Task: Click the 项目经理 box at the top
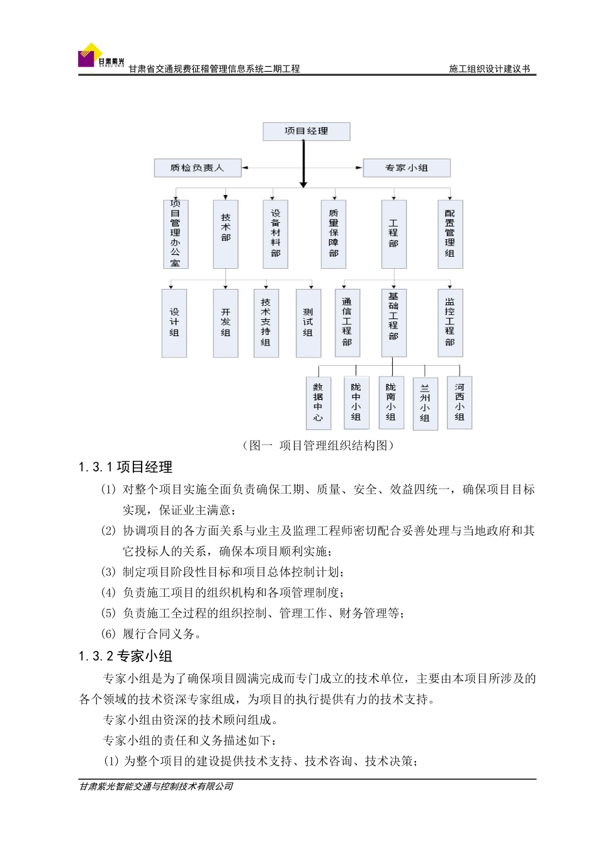[x=306, y=131]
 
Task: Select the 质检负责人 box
[x=198, y=168]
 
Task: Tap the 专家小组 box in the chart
[x=407, y=168]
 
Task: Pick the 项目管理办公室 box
[x=175, y=234]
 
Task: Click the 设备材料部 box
[x=275, y=234]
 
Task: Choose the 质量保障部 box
[x=334, y=234]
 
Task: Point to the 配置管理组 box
[x=449, y=234]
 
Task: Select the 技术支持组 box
[x=266, y=323]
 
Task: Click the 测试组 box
[x=308, y=323]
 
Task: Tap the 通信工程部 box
[x=347, y=323]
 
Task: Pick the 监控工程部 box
[x=449, y=323]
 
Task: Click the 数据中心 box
[x=318, y=403]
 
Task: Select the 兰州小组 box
[x=425, y=403]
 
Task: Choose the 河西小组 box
[x=460, y=402]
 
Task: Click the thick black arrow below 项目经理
[x=303, y=164]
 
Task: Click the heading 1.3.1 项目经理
[x=126, y=467]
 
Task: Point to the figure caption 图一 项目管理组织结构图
[x=319, y=446]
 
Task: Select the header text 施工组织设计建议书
[x=489, y=69]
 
